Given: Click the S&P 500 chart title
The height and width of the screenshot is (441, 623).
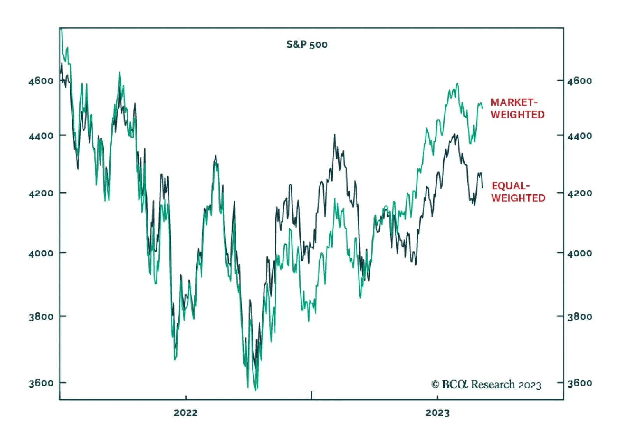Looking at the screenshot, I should tap(307, 44).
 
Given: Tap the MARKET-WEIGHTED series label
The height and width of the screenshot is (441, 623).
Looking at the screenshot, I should tap(517, 108).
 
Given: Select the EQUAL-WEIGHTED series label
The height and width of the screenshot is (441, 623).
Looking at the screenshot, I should tap(518, 192).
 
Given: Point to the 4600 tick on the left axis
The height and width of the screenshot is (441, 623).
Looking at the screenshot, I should tap(41, 81).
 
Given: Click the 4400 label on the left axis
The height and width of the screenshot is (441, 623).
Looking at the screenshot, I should tap(41, 136).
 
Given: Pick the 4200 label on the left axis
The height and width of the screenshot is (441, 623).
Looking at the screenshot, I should tap(41, 193).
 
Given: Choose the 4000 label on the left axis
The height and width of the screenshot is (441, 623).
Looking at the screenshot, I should tap(41, 253).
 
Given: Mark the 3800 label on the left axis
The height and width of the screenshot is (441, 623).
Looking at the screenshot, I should tap(41, 316).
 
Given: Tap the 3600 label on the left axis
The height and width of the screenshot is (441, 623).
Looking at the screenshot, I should tap(41, 383).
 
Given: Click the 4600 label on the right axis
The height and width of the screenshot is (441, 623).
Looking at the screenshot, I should tap(579, 81).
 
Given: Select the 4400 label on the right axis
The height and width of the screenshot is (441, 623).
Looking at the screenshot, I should tap(579, 136).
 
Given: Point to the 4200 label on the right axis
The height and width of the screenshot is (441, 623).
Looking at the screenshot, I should tap(579, 193).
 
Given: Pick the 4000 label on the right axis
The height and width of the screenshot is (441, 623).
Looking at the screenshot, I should tap(579, 253).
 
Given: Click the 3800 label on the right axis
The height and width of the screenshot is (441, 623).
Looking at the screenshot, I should tap(579, 316).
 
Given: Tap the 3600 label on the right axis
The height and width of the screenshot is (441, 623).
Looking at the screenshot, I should tap(579, 383).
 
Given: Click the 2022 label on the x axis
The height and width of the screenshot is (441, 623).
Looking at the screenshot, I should tap(186, 413).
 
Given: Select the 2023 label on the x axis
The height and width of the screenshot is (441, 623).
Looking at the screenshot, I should tap(437, 413).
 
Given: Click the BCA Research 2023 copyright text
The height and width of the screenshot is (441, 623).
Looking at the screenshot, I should tap(486, 385).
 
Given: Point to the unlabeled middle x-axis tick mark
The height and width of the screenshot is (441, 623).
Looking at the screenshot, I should tap(311, 395).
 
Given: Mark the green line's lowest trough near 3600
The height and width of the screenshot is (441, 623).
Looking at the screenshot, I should tap(256, 389).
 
